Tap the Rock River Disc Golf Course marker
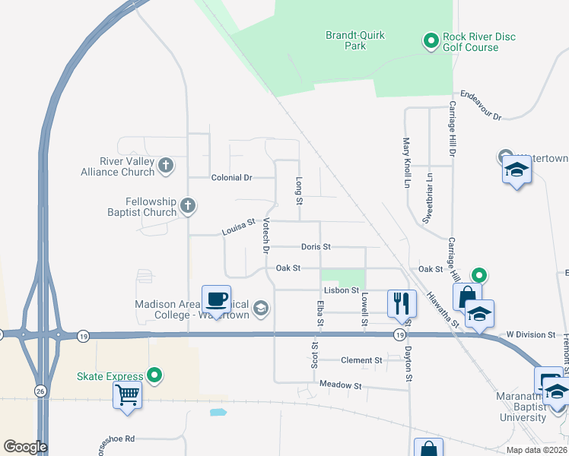430,40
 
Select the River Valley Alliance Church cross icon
166,164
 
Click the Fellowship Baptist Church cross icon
188,205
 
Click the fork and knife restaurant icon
401,303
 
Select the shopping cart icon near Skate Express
127,394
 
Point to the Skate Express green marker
154,375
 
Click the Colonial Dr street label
231,177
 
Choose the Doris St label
315,247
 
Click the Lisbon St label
341,290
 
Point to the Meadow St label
340,385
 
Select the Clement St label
361,360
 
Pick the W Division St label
532,335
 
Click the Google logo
25,447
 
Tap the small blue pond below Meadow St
218,413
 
